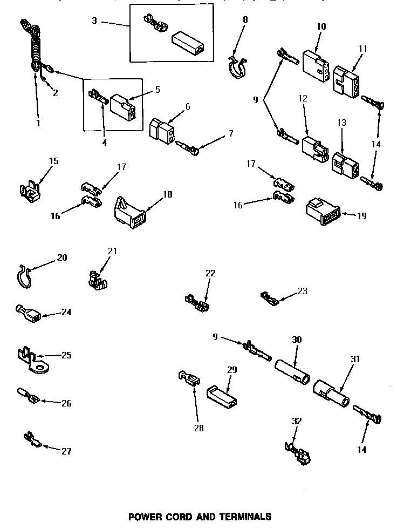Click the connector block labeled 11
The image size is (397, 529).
[345, 82]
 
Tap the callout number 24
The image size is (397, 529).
[66, 312]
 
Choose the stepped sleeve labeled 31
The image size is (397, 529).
[330, 393]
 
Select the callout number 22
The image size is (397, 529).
[210, 273]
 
